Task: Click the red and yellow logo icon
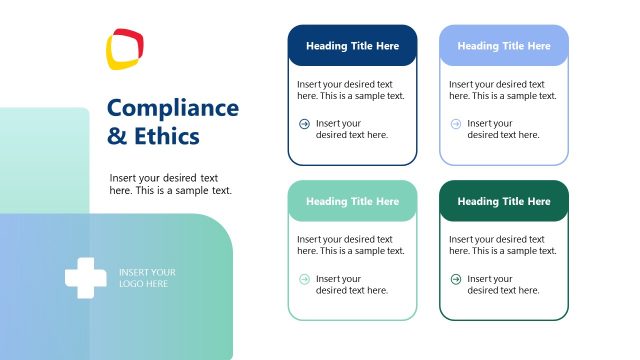pos(125,50)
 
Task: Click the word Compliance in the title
pos(173,108)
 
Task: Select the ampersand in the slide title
pos(117,136)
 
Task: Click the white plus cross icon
pos(86,278)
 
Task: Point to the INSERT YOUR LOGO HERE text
pos(147,278)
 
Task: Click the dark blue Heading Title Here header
pos(352,46)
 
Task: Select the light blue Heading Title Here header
pos(504,46)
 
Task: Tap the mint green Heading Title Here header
pos(352,202)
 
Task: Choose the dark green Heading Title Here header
pos(504,202)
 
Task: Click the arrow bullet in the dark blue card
pos(304,124)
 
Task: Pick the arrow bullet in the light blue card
pos(456,124)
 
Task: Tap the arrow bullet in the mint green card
pos(304,279)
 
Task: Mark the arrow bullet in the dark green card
pos(456,279)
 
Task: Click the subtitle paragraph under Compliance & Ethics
pos(170,184)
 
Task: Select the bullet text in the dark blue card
pos(352,129)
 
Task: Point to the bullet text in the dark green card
pos(503,284)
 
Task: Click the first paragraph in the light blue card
pos(503,90)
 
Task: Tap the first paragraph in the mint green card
pos(351,245)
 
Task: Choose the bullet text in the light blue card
pos(503,129)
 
